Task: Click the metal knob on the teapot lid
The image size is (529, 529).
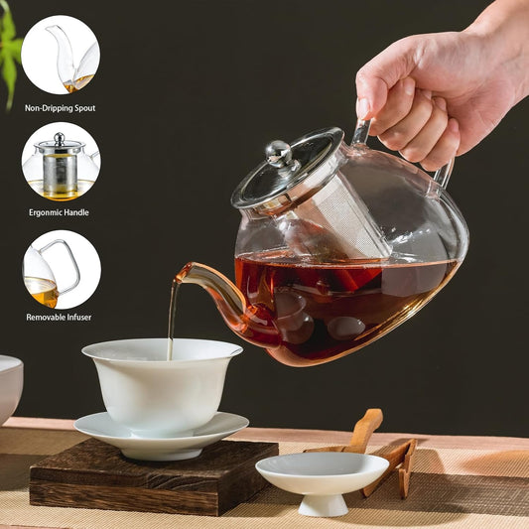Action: [279, 153]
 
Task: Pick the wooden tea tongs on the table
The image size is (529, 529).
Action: [382, 452]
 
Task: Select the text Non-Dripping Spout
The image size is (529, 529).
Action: [61, 107]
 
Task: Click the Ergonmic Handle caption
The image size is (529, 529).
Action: [61, 212]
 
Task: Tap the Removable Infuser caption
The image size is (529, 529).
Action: [60, 317]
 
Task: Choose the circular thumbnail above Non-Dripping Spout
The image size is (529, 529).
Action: [61, 54]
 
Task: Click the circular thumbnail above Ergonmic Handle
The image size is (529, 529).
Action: [61, 161]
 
